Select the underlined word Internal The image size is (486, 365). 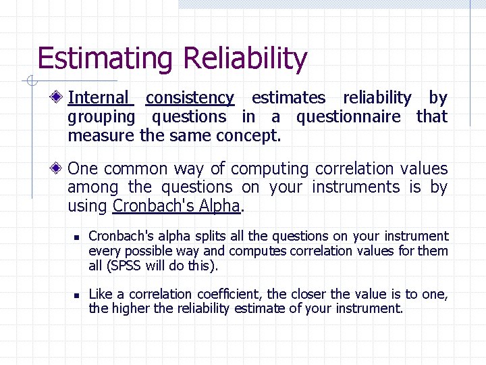coord(98,98)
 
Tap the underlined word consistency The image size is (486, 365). coord(190,98)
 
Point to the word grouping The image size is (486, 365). coord(101,117)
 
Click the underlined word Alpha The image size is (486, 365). coord(217,205)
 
